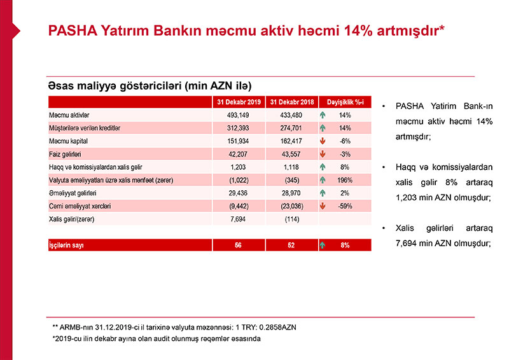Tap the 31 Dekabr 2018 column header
coord(291,102)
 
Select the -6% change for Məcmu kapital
coord(345,141)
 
